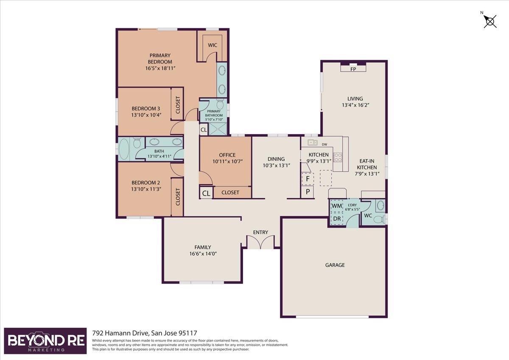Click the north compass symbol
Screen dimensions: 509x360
(489, 22)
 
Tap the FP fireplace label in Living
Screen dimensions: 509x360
(353, 69)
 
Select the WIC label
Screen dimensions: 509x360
(213, 45)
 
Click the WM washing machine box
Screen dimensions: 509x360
(337, 206)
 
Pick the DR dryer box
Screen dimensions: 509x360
(337, 219)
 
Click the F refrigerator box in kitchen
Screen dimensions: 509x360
(308, 179)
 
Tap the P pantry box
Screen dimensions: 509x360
(308, 192)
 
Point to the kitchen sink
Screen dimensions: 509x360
(313, 143)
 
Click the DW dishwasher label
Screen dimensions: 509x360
(324, 144)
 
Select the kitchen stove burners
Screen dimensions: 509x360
(338, 157)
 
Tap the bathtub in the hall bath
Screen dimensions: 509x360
(124, 149)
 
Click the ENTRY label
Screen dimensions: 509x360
(260, 232)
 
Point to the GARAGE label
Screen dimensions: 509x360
(335, 265)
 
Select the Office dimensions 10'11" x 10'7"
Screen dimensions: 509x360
(228, 161)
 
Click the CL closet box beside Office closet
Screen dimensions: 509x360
(206, 193)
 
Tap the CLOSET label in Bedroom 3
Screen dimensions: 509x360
(178, 105)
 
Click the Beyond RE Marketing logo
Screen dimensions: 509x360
(45, 340)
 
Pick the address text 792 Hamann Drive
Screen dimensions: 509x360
(120, 333)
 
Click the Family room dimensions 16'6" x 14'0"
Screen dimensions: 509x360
(203, 253)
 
